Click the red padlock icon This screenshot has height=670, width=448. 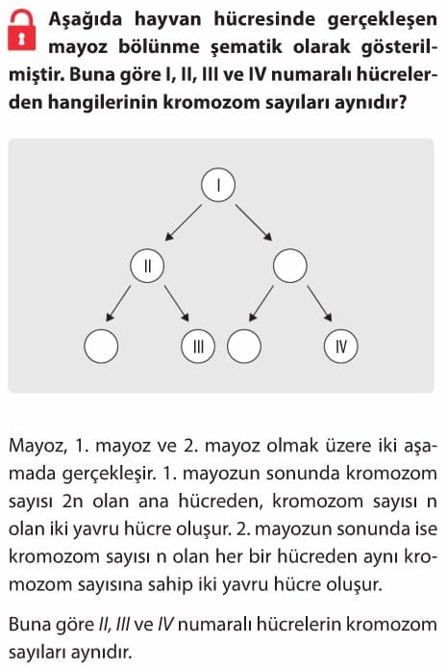[x=22, y=31]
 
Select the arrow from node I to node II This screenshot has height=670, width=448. [x=184, y=222]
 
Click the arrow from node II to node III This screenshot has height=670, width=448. [x=176, y=303]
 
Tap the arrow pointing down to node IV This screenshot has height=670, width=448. [x=319, y=303]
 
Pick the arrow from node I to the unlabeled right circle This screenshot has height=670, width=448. [x=254, y=222]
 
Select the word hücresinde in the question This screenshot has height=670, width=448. [x=264, y=19]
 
